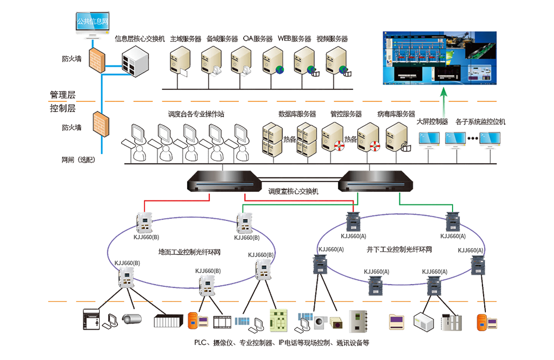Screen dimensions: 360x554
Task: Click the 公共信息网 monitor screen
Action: (93, 23)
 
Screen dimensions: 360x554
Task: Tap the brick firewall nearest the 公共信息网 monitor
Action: (98, 58)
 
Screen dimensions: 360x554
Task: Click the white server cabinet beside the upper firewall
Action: (134, 59)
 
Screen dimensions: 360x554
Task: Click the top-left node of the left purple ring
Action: (143, 221)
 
